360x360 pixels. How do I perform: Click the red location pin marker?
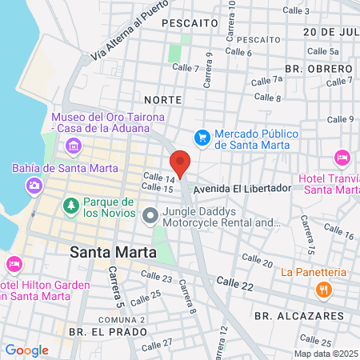click(x=181, y=162)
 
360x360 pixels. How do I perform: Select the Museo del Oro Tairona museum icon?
click(x=74, y=145)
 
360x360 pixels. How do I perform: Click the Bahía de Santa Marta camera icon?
click(x=34, y=185)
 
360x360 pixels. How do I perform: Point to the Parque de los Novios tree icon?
click(x=71, y=206)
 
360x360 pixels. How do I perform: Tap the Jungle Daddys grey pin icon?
click(x=150, y=215)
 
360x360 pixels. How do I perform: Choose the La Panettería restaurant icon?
click(x=324, y=290)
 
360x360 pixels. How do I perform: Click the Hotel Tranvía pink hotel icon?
click(x=342, y=157)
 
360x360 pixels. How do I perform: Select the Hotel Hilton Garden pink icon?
click(x=14, y=264)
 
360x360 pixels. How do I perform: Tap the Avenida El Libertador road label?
click(x=239, y=188)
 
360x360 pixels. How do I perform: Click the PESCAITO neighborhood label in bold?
click(x=190, y=24)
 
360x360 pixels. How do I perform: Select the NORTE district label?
click(x=163, y=99)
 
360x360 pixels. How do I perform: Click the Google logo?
click(x=26, y=350)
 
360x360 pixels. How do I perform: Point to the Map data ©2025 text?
click(x=324, y=354)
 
